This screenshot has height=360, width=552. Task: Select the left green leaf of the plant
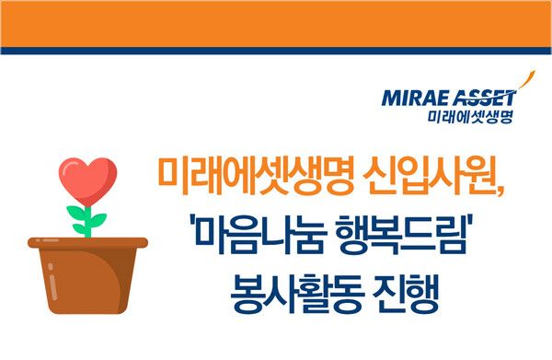[x=76, y=214]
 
